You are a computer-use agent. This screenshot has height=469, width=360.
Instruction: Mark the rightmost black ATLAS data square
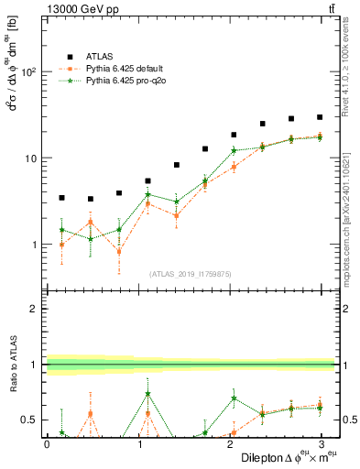320,117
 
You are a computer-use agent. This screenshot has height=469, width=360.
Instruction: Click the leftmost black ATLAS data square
61,197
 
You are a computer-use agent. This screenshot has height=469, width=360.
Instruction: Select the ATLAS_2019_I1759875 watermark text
191,274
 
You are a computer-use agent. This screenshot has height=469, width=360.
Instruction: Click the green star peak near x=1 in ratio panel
148,394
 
